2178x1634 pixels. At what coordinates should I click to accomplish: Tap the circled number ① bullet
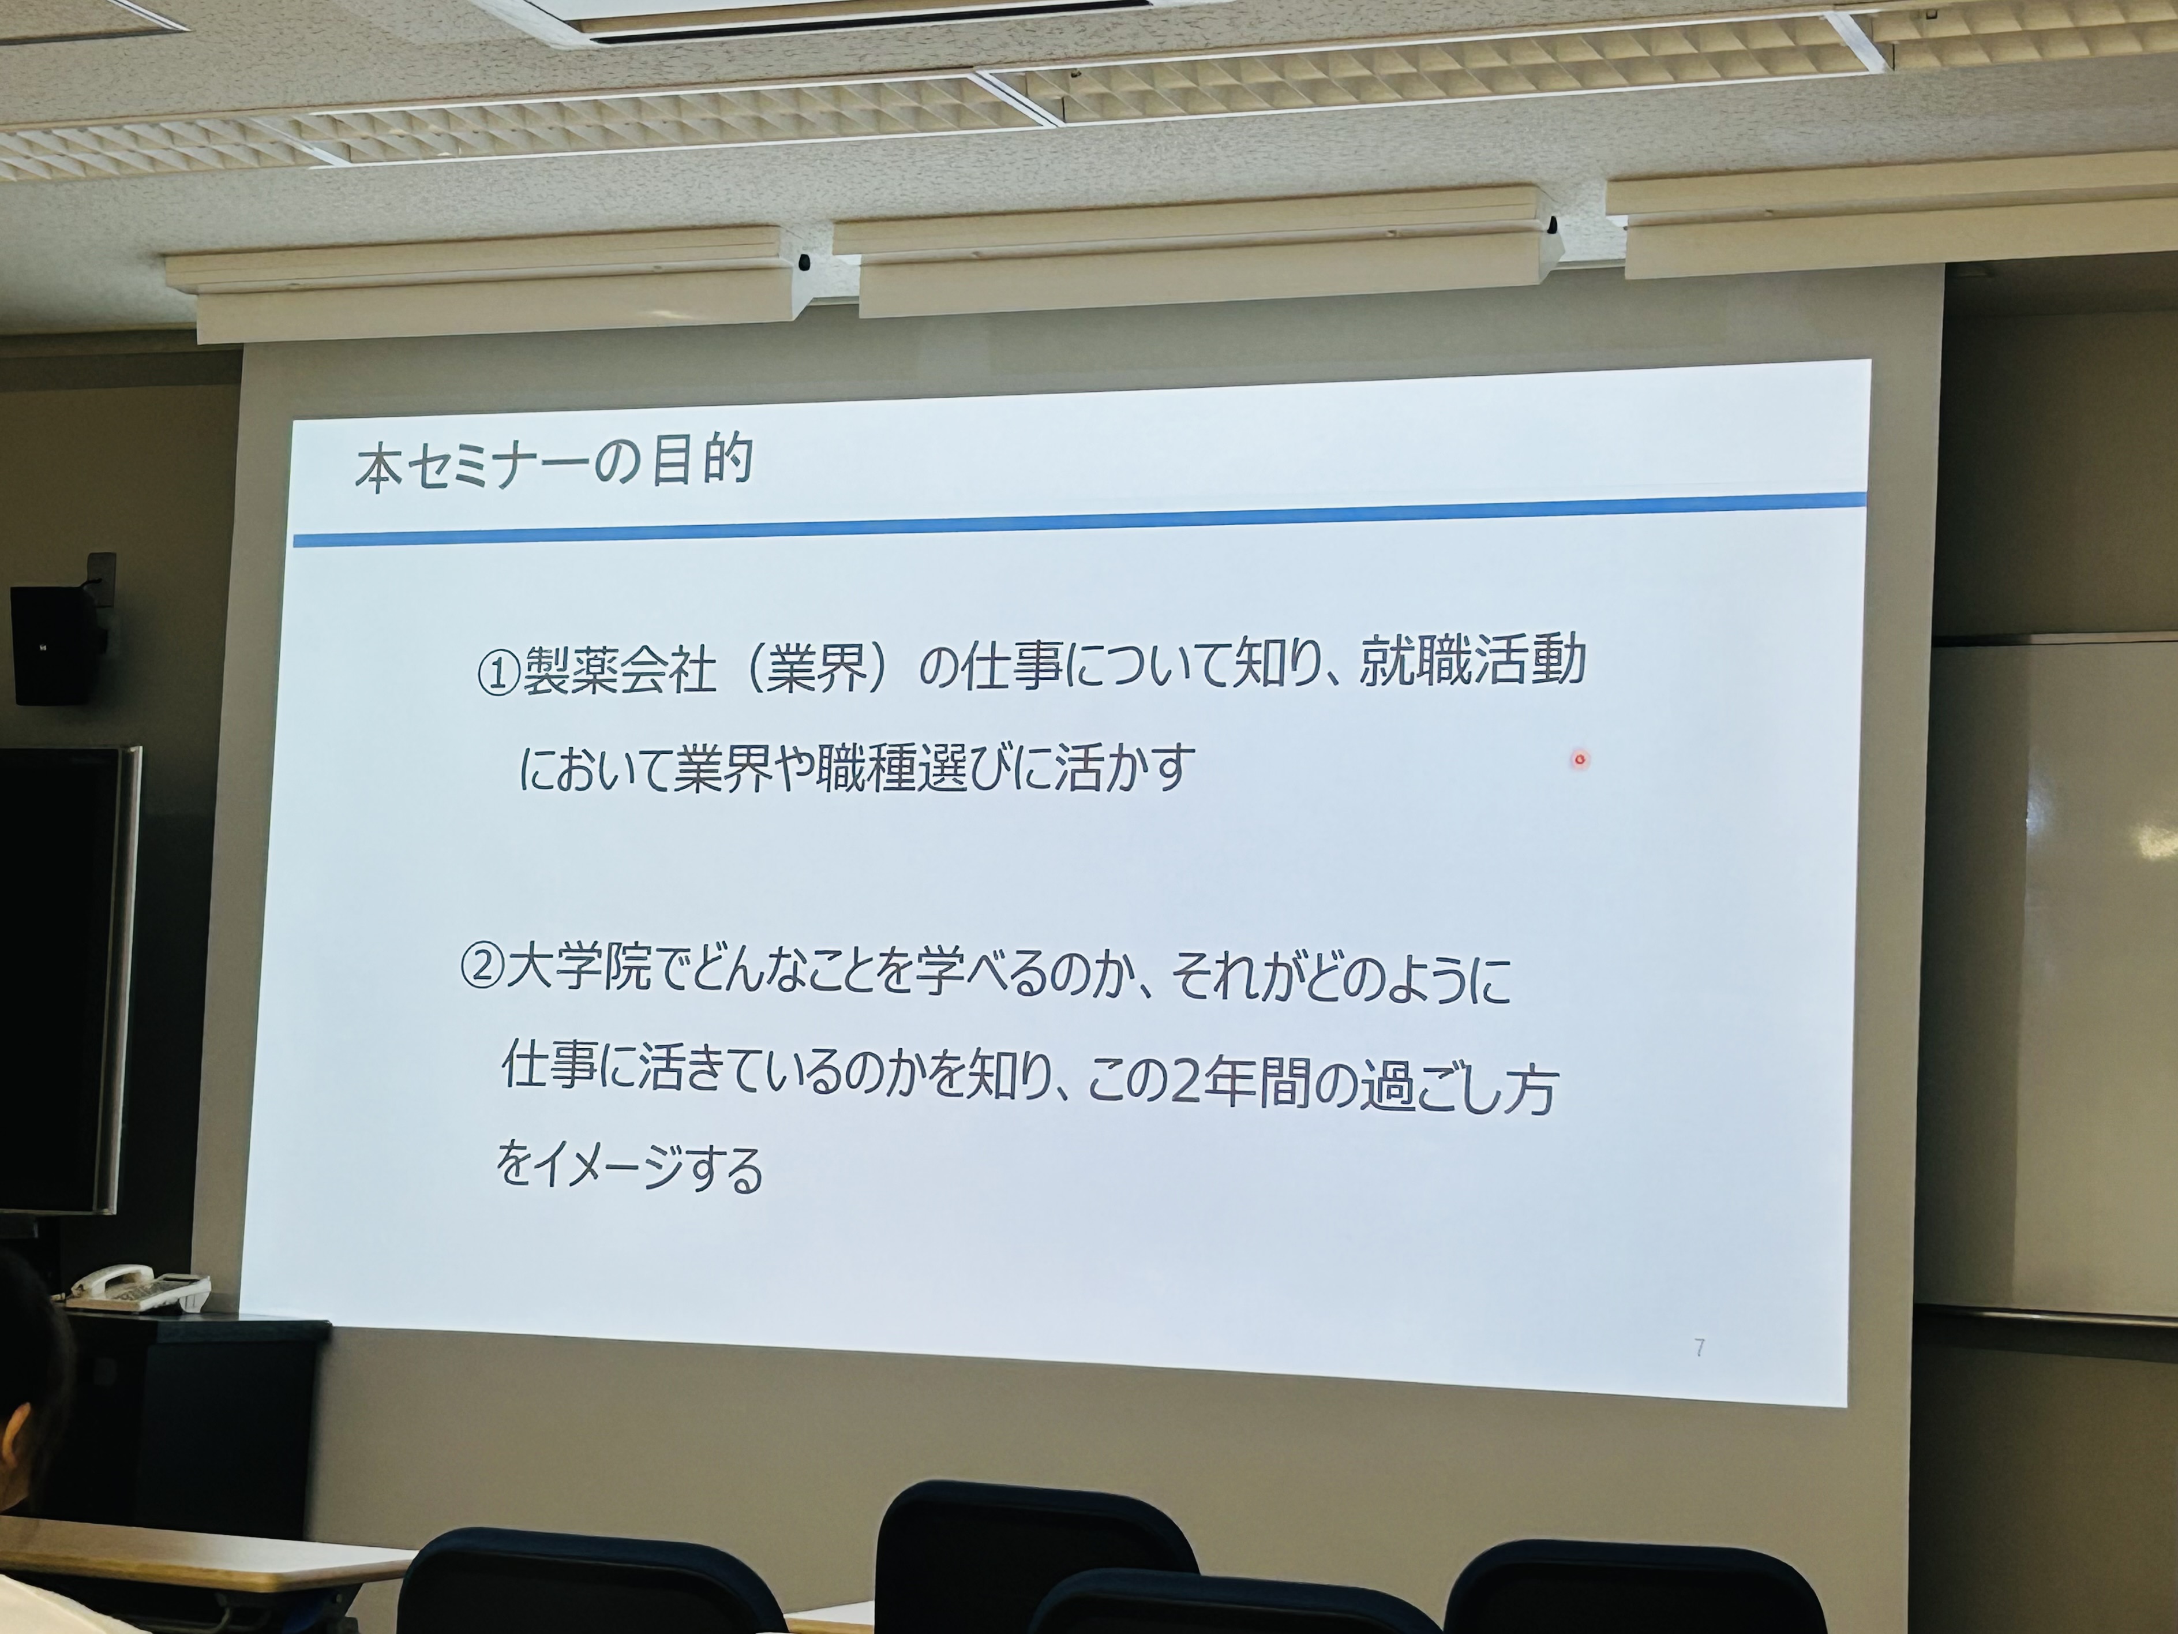tap(498, 675)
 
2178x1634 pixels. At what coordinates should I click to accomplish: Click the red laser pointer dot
tap(1580, 760)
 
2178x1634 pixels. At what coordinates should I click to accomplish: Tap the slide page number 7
tap(1700, 1347)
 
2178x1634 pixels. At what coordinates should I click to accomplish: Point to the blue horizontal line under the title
tap(1079, 518)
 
